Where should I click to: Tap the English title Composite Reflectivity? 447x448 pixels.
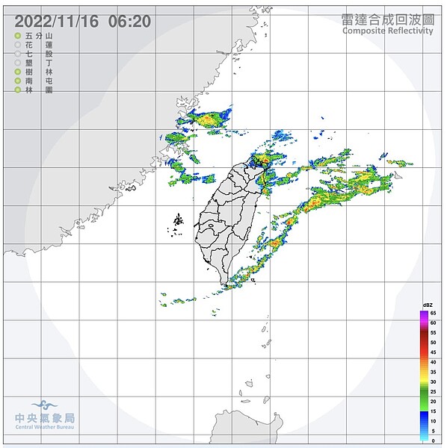(x=387, y=31)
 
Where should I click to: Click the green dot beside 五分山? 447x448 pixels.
(x=17, y=36)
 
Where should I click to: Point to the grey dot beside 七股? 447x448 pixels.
(x=17, y=54)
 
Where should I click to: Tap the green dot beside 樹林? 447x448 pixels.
(x=17, y=72)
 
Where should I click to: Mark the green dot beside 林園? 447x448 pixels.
(x=17, y=90)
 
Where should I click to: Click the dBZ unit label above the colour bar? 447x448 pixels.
(x=428, y=306)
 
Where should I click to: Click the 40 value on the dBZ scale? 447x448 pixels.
(x=433, y=362)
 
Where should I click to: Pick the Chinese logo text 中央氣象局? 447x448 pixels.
(x=46, y=419)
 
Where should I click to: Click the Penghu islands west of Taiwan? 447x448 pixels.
(x=178, y=223)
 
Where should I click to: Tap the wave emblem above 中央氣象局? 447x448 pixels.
(x=46, y=405)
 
